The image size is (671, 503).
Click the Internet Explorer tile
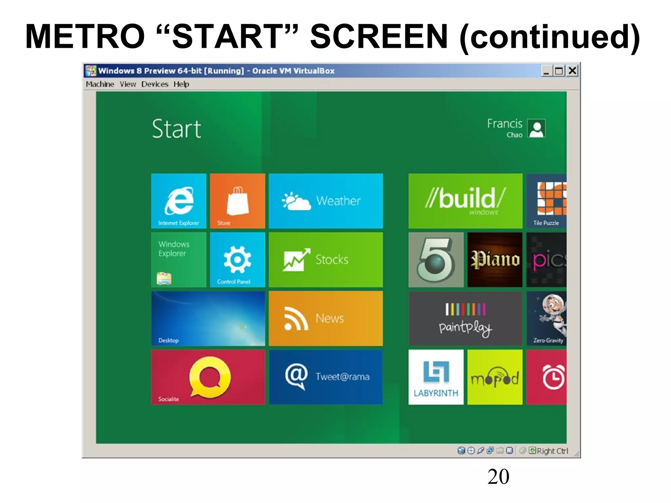tap(179, 201)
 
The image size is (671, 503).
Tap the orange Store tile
tap(237, 201)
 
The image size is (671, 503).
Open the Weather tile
tap(326, 201)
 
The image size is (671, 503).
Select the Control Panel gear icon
tap(237, 259)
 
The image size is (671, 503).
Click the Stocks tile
tap(326, 260)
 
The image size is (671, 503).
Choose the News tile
tap(326, 318)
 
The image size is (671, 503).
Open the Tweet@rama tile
tap(326, 377)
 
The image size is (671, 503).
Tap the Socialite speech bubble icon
tap(210, 377)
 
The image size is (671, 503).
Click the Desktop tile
tap(208, 318)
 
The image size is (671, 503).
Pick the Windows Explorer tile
tap(179, 260)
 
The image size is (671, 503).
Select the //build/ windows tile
tap(465, 201)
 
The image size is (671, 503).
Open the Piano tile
tap(495, 260)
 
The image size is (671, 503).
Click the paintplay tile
tap(465, 318)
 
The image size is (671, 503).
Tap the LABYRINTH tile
tap(436, 377)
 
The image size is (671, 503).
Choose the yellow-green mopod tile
tap(495, 377)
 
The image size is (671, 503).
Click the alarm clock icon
tap(553, 377)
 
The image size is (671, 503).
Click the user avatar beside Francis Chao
tap(537, 128)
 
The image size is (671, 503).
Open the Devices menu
tap(155, 84)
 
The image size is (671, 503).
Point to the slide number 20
tap(498, 476)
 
